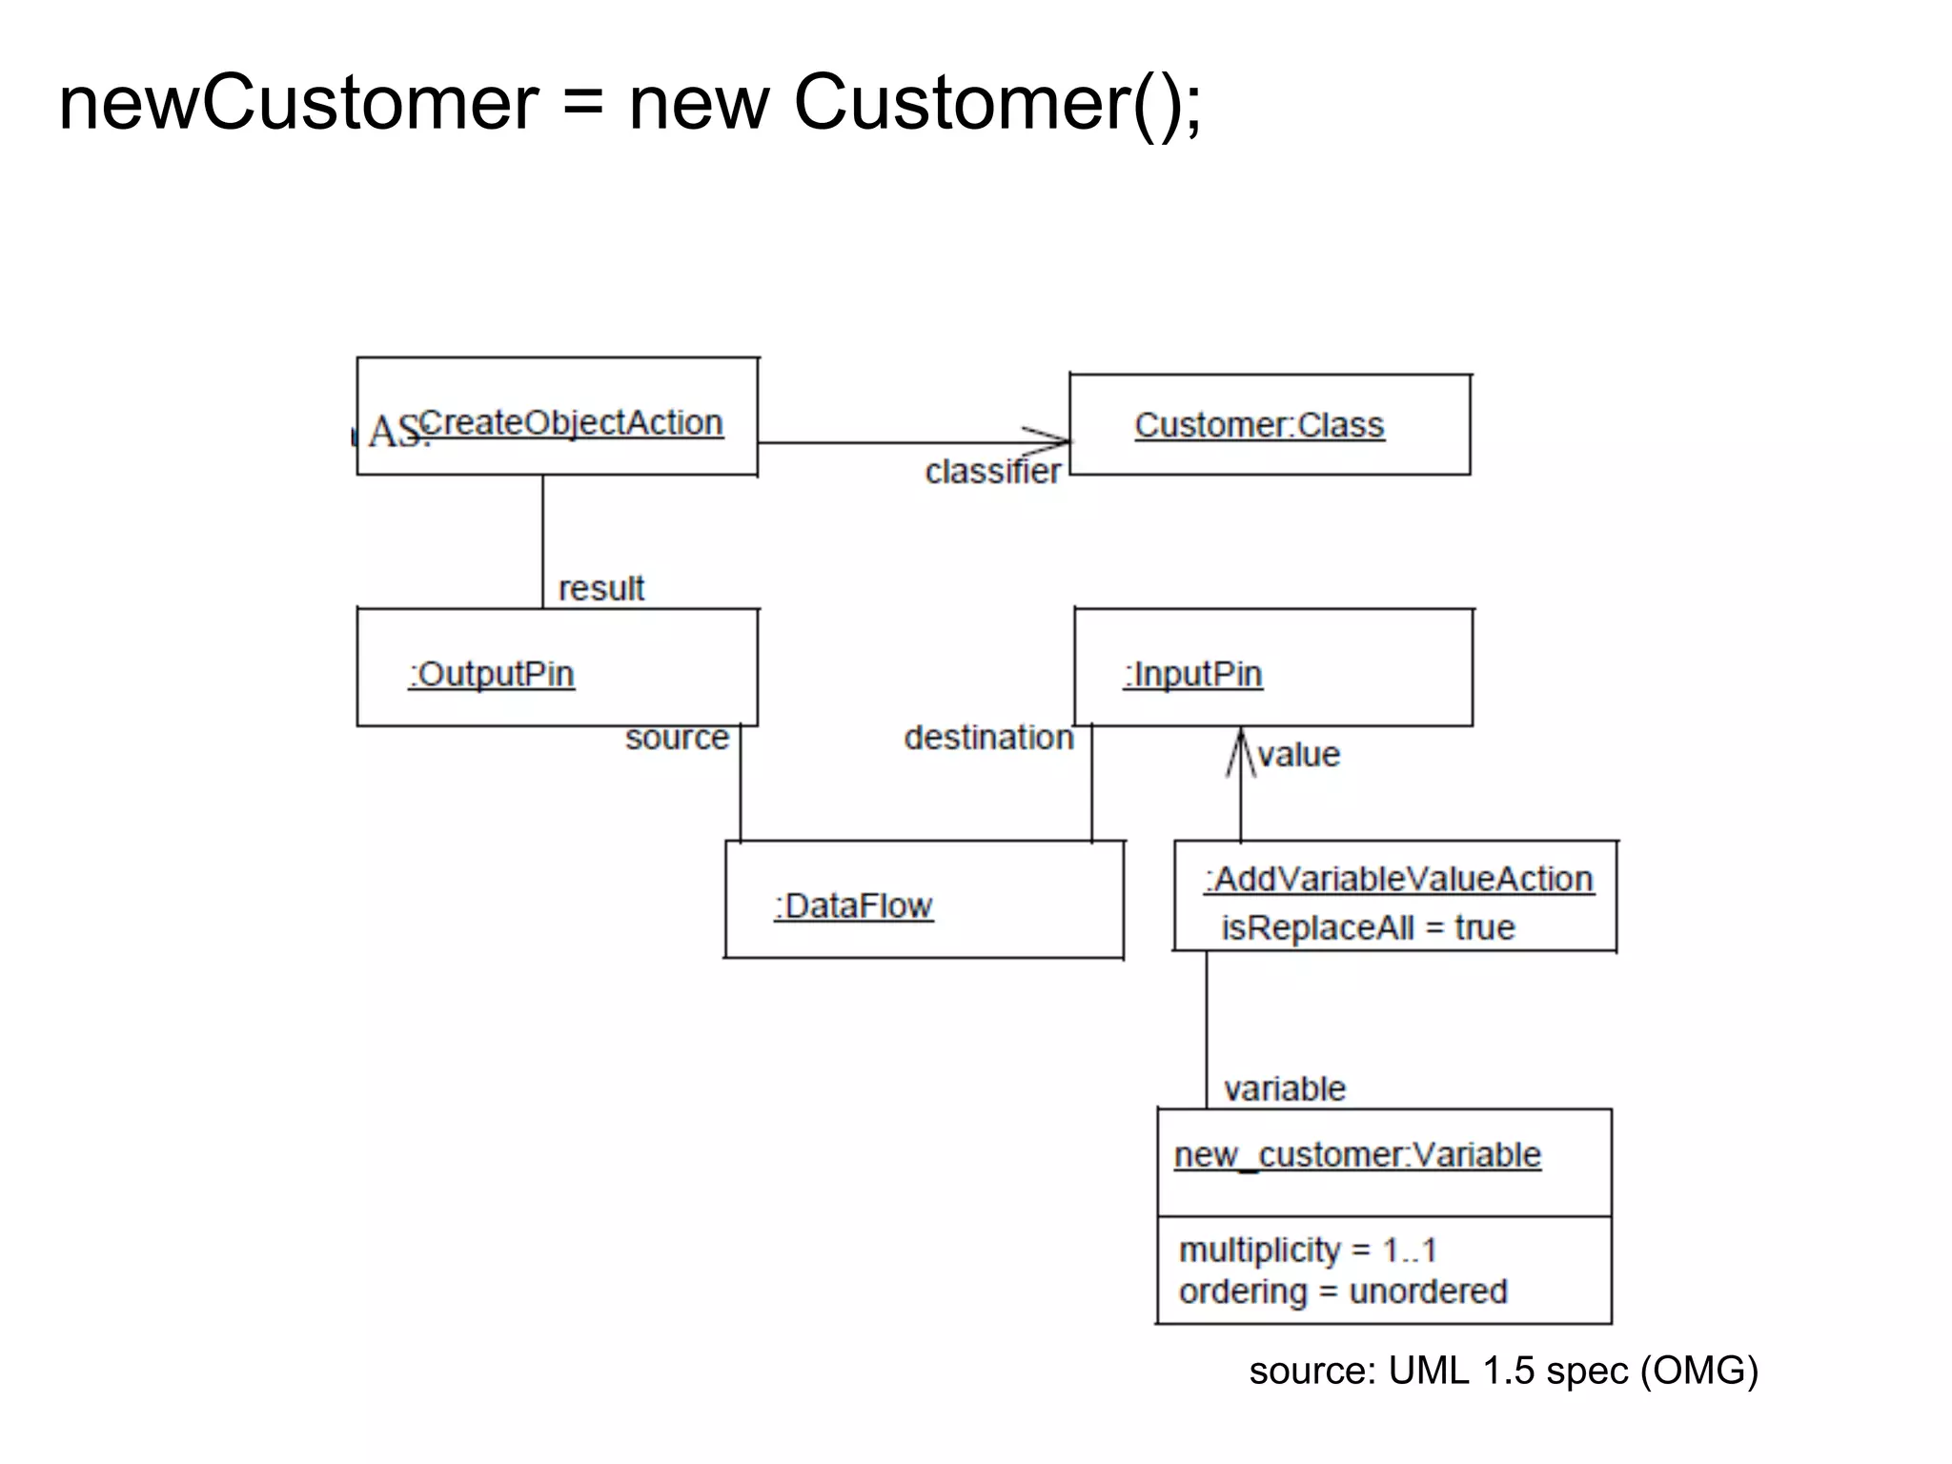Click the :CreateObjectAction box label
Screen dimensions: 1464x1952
(x=570, y=423)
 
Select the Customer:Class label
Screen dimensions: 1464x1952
(x=1258, y=425)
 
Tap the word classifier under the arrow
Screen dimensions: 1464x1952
(x=992, y=472)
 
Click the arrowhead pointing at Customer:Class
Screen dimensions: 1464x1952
(x=1053, y=441)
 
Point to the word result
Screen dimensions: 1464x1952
(x=600, y=588)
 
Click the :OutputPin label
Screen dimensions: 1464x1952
(x=492, y=674)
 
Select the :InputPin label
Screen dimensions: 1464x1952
(x=1192, y=674)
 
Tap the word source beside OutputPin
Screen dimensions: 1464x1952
(x=677, y=738)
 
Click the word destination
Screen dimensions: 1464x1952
(x=988, y=738)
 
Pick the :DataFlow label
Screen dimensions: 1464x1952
(x=853, y=905)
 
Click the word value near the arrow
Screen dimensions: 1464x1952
(x=1298, y=755)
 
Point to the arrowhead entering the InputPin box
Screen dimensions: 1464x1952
(x=1241, y=748)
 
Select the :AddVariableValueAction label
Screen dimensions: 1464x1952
(x=1398, y=879)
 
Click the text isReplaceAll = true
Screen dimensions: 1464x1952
(x=1368, y=927)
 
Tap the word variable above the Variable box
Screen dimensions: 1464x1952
(x=1284, y=1088)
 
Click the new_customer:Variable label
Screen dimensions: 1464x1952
(x=1357, y=1155)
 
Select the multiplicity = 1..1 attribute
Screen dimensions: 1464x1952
(x=1307, y=1250)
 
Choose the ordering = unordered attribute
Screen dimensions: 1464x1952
(x=1343, y=1291)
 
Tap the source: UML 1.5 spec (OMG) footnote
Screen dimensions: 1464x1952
(x=1503, y=1371)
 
